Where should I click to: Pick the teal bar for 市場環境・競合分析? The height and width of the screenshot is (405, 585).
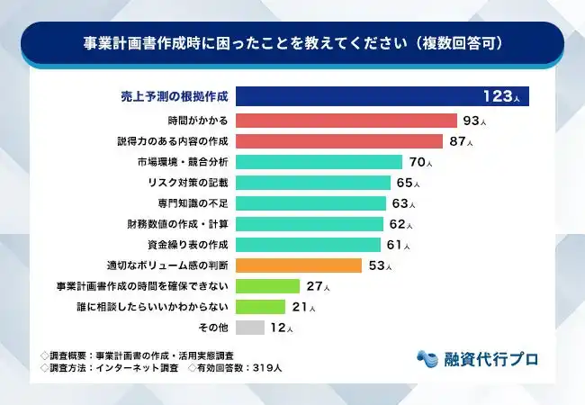point(319,162)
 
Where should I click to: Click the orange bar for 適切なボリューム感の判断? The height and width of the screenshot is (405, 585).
point(300,265)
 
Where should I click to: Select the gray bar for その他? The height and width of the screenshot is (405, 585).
point(251,328)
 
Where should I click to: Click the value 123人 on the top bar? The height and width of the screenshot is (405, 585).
point(501,97)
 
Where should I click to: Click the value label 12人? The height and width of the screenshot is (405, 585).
point(283,328)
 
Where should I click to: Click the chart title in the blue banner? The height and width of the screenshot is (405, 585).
point(292,42)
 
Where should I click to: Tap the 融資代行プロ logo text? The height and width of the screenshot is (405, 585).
point(490,358)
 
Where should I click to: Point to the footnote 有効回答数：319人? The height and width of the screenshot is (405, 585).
point(236,368)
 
